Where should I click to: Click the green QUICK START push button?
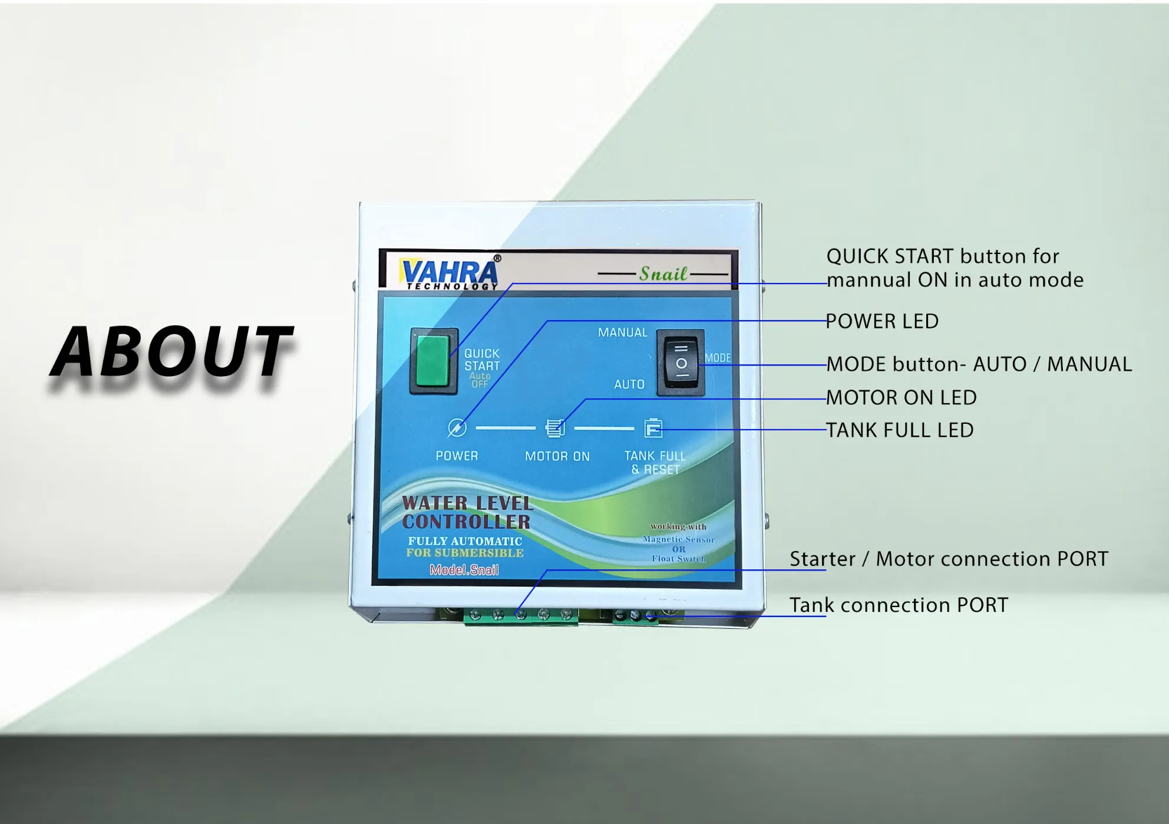click(434, 361)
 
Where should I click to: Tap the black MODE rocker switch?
click(681, 362)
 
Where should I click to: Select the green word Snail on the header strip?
click(663, 273)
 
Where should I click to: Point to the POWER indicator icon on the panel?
click(457, 428)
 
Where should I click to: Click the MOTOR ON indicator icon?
click(555, 428)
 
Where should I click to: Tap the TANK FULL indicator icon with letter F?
click(653, 428)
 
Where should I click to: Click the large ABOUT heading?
click(172, 352)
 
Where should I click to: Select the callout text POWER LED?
click(882, 321)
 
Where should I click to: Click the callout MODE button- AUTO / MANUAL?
click(979, 364)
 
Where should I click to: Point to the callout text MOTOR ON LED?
click(901, 398)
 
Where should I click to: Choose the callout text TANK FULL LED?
click(900, 430)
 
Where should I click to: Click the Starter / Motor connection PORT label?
click(949, 559)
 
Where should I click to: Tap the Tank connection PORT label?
click(899, 605)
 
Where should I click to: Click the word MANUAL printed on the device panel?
click(622, 332)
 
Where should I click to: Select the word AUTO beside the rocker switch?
click(629, 384)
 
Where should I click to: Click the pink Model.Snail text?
click(464, 569)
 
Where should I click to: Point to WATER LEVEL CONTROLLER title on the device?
click(467, 512)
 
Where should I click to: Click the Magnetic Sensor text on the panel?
click(679, 539)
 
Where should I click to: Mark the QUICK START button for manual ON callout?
click(955, 268)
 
